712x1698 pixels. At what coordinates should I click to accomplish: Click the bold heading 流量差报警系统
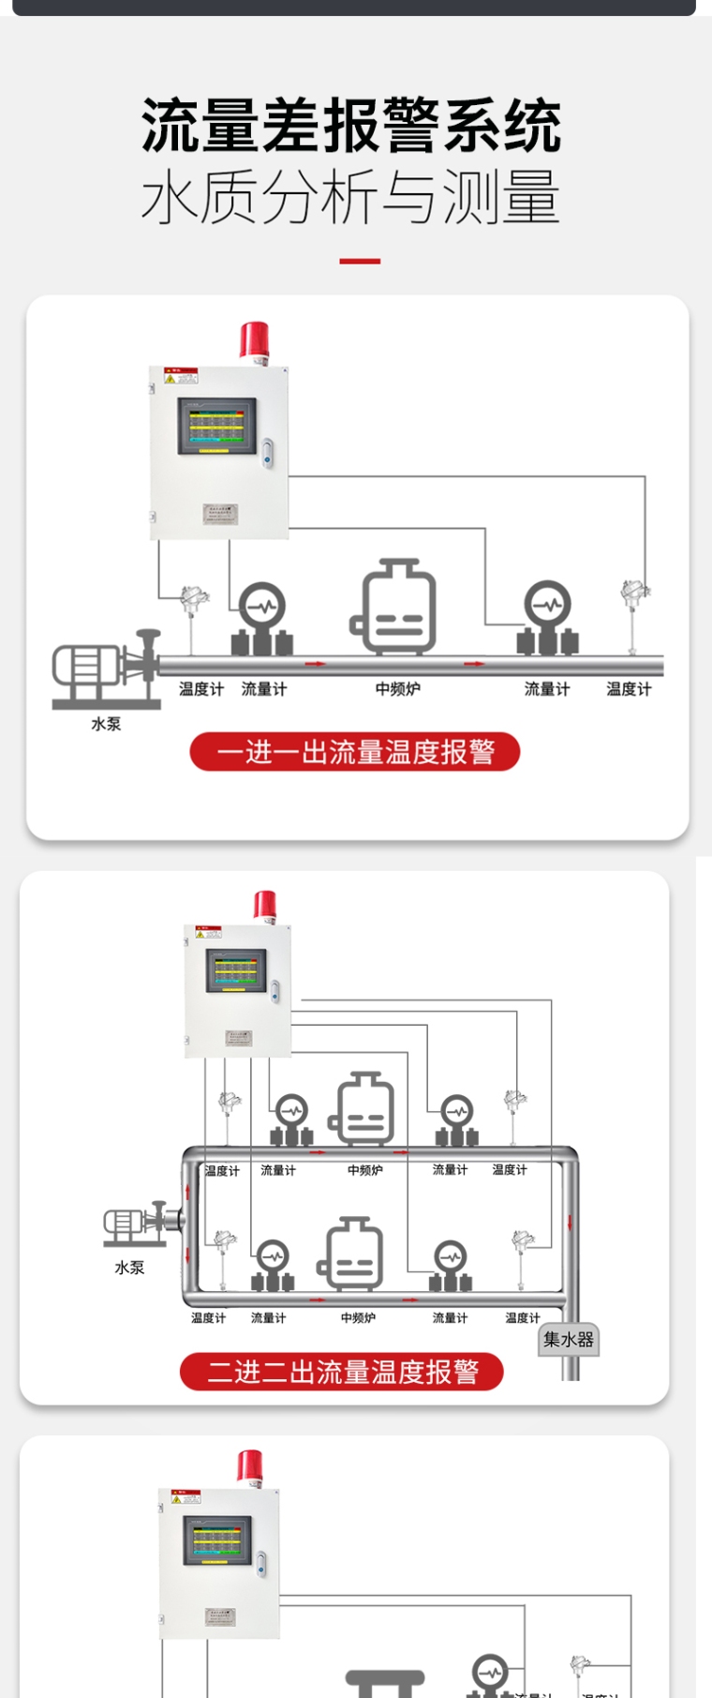[x=351, y=127]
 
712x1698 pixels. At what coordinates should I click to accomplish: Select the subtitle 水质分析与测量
[x=350, y=197]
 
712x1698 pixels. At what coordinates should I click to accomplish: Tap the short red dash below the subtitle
[x=359, y=261]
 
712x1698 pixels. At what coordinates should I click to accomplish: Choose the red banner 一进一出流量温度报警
[x=355, y=752]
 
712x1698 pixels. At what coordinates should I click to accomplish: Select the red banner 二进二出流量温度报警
[x=342, y=1372]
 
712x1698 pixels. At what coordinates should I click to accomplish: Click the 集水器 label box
[x=569, y=1340]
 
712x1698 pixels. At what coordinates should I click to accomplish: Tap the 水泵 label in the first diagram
[x=106, y=724]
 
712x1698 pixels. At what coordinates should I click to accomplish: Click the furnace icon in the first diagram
[x=395, y=608]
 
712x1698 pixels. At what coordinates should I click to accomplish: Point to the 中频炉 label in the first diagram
[x=398, y=689]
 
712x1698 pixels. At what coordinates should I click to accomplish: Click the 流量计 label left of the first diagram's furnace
[x=264, y=689]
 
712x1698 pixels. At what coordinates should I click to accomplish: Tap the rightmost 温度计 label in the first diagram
[x=629, y=689]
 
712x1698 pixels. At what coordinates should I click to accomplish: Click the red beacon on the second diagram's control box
[x=265, y=906]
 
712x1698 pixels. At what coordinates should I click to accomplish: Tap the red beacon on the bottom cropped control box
[x=249, y=1467]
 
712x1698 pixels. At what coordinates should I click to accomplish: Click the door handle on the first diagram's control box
[x=268, y=453]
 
